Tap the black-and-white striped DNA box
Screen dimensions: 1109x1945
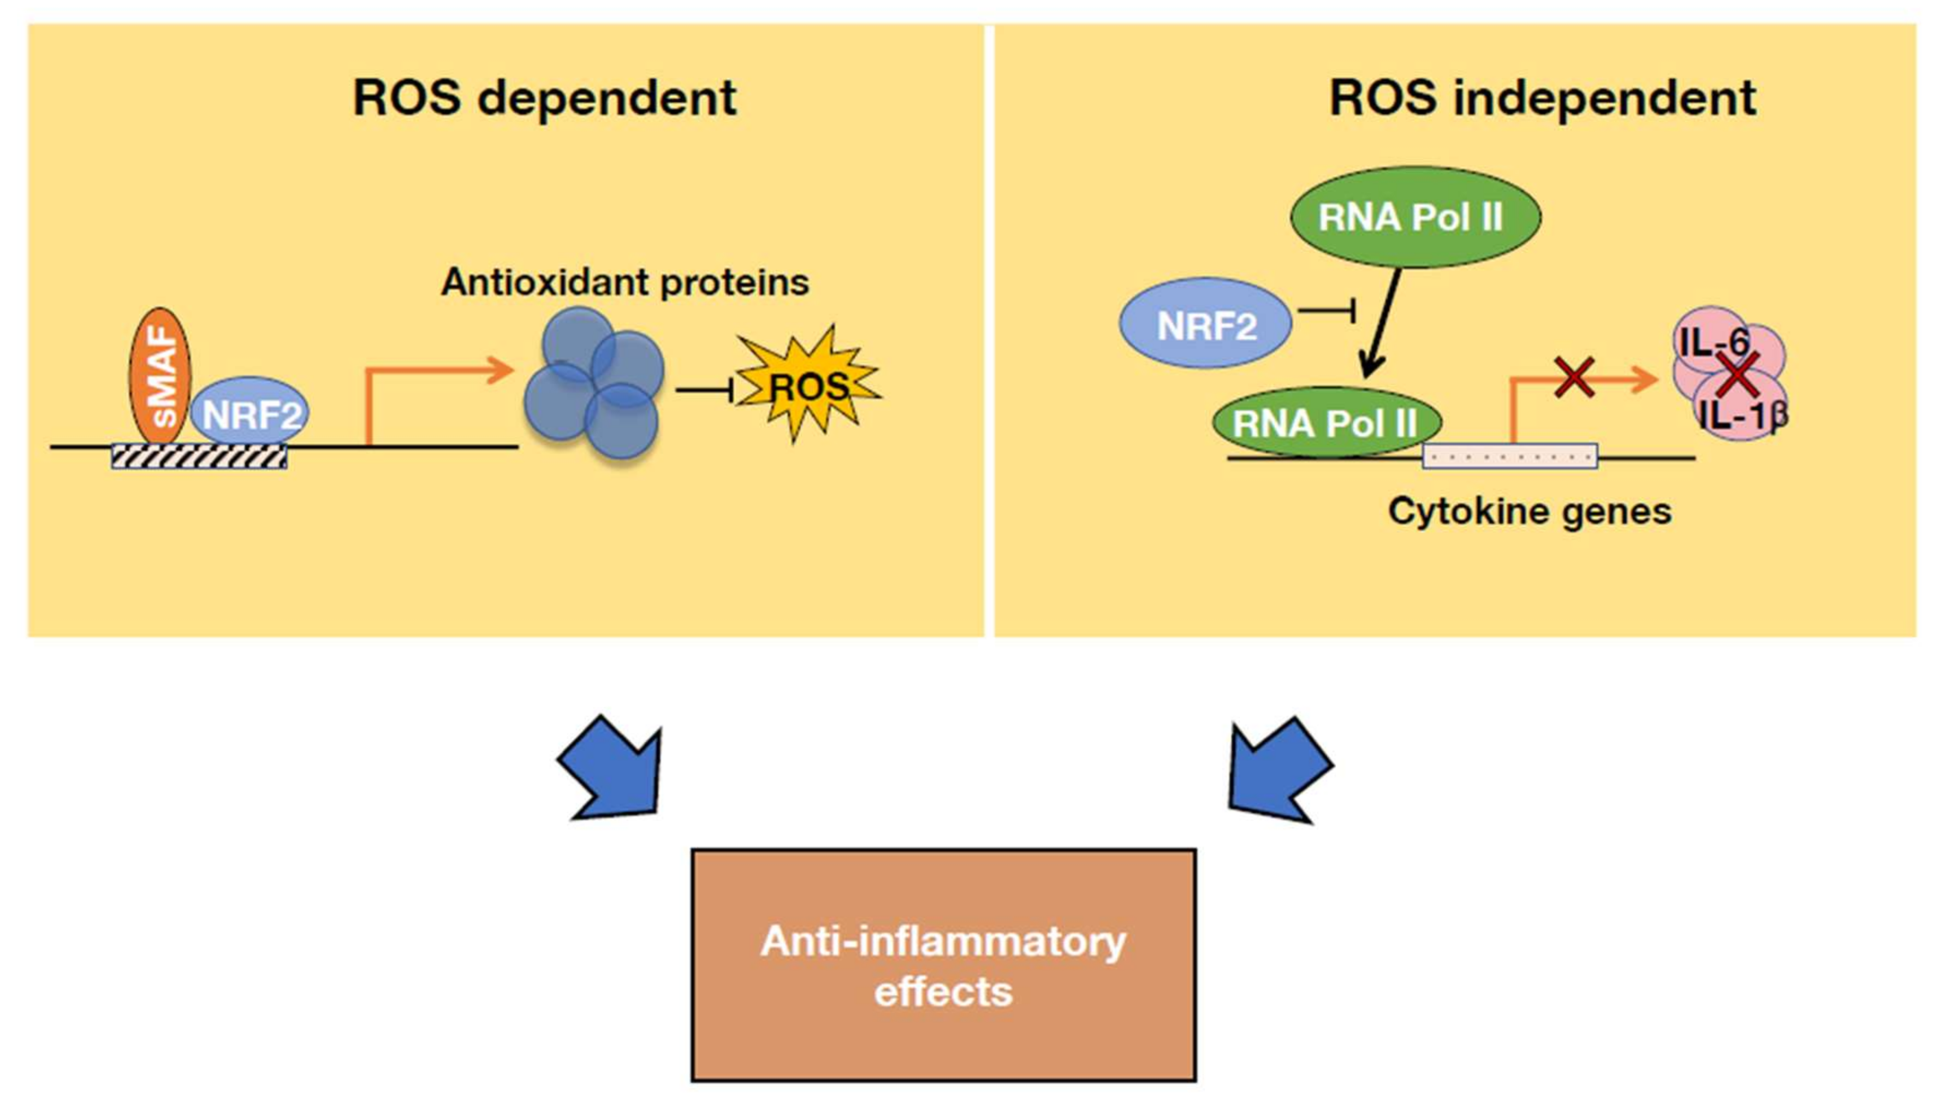[x=199, y=456]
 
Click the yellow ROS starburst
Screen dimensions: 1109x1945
[x=807, y=386]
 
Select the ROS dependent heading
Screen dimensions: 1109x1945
[x=544, y=98]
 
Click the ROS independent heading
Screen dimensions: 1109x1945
[x=1542, y=98]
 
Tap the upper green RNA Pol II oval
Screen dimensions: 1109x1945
[x=1414, y=217]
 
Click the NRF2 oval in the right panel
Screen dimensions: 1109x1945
[x=1205, y=324]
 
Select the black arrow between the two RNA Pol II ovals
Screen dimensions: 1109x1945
[x=1382, y=324]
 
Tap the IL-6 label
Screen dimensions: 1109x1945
[x=1714, y=342]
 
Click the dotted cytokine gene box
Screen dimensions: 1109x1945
[x=1509, y=457]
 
